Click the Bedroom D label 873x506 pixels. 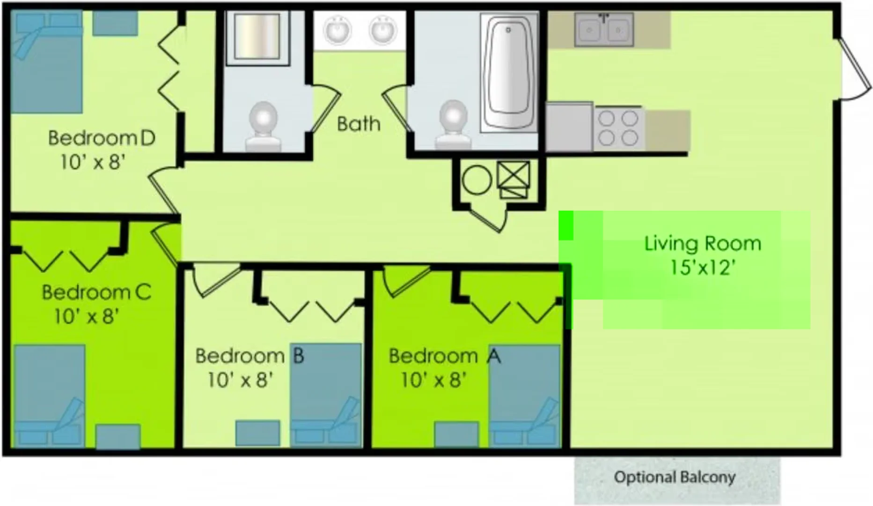coord(102,138)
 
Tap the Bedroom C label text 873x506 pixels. coord(96,292)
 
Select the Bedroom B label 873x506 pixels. coord(249,356)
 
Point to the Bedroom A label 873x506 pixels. coord(445,356)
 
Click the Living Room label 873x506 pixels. coord(703,244)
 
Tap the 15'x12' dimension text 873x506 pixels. coord(703,268)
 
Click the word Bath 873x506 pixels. coord(359,124)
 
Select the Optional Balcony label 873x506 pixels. coord(675,477)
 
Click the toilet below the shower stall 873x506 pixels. coord(263,126)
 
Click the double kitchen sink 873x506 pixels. coord(604,30)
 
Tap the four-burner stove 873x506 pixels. coord(618,128)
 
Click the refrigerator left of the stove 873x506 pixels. coord(569,127)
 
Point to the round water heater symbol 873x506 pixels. coord(477,180)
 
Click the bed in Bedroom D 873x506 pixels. coord(46,62)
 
